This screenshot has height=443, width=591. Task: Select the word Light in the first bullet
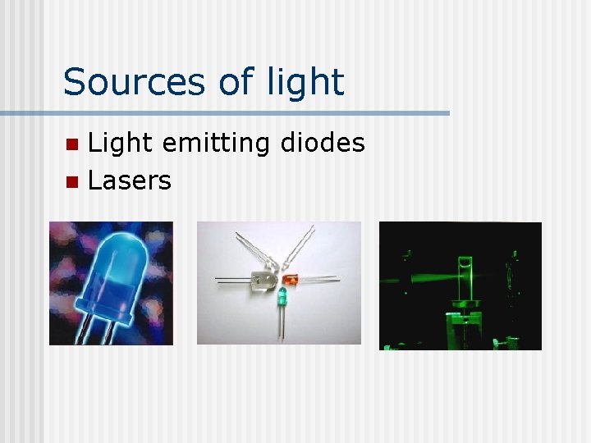(120, 144)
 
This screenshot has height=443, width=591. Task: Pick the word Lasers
(129, 180)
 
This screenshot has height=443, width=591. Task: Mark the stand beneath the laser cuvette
(464, 324)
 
